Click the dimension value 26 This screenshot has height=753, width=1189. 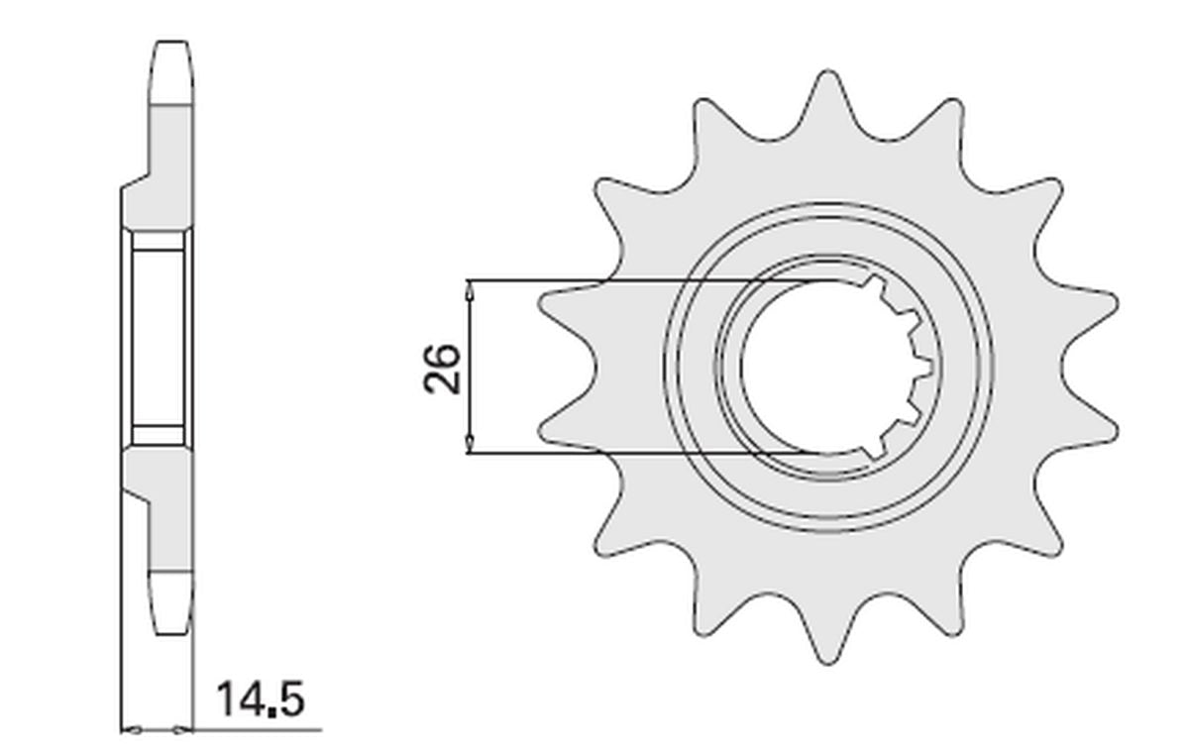tap(442, 370)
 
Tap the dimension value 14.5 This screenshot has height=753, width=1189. tap(261, 699)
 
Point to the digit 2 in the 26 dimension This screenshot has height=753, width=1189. tap(442, 382)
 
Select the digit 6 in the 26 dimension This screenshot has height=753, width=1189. tap(442, 356)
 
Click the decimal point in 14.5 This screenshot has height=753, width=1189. tap(271, 713)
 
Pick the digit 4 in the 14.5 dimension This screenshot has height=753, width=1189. tap(249, 699)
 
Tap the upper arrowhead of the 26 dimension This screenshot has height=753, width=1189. tap(469, 291)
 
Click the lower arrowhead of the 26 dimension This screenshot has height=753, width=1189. tap(469, 443)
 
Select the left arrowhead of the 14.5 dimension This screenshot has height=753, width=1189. tap(132, 731)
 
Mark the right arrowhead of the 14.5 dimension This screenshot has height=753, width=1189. tap(182, 731)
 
